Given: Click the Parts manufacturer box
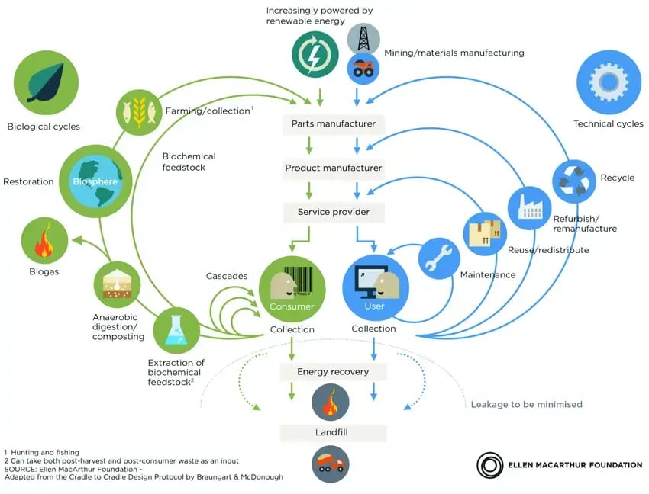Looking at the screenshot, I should pos(334,124).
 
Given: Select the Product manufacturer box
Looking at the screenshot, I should pos(334,168).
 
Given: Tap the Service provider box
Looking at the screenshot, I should pos(334,212).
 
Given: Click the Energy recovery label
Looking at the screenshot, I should pos(334,372).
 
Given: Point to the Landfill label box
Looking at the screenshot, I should pos(334,433).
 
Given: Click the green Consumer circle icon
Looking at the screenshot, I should pos(292,288).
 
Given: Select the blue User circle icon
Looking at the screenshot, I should pos(375,287).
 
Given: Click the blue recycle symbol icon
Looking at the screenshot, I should pos(573,181).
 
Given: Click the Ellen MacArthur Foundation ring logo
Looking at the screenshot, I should pos(489,464).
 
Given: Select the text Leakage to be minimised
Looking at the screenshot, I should pos(526,404).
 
